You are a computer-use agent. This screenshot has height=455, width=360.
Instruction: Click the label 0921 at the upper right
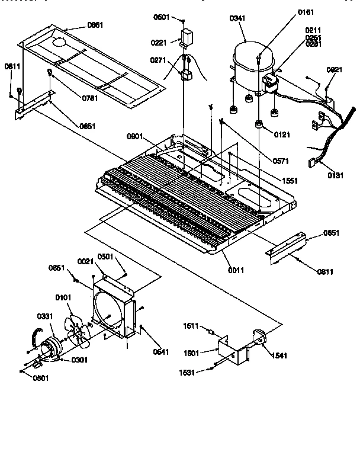click(x=335, y=69)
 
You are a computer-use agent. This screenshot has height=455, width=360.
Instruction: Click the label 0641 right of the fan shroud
click(x=160, y=352)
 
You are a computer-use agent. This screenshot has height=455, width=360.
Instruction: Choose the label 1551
click(x=290, y=180)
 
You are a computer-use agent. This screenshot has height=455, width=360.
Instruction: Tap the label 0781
click(x=72, y=98)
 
